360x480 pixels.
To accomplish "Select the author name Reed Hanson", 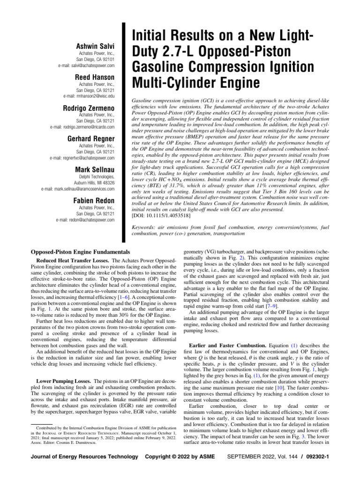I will click(x=95, y=77).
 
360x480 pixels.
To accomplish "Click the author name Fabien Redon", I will click(x=94, y=201).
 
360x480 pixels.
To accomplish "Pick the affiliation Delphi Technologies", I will click(x=94, y=177).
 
